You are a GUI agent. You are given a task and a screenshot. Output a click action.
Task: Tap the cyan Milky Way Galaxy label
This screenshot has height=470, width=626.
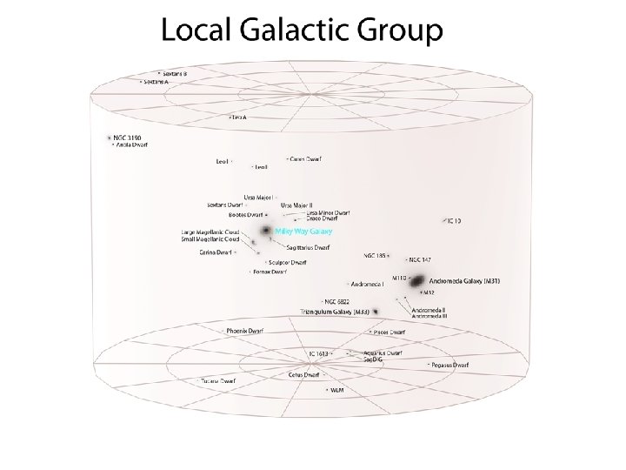click(303, 232)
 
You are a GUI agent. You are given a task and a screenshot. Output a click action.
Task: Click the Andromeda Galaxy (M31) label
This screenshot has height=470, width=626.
click(469, 281)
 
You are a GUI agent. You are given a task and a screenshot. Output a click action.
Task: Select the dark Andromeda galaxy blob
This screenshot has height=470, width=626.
click(417, 281)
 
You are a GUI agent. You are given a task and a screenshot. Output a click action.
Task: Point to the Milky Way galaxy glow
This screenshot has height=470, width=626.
click(265, 231)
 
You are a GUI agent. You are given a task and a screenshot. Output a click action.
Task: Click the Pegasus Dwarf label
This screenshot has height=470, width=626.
click(451, 365)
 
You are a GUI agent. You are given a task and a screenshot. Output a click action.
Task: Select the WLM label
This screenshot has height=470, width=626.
click(337, 390)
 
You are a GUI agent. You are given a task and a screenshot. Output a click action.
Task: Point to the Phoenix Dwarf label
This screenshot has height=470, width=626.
click(244, 331)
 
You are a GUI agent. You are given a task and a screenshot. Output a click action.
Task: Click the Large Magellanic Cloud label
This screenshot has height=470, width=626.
click(210, 232)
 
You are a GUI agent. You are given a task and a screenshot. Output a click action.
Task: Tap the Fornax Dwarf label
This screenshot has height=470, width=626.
click(270, 272)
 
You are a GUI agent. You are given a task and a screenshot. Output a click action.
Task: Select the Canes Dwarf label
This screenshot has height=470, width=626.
click(305, 159)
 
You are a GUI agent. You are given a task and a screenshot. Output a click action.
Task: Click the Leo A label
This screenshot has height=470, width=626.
click(239, 117)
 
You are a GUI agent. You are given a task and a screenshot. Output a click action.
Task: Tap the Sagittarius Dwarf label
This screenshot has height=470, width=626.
click(309, 248)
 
